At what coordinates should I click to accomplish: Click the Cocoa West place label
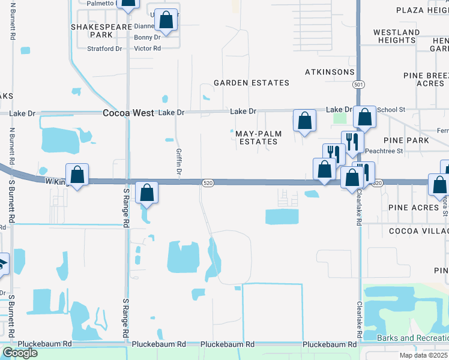point(129,113)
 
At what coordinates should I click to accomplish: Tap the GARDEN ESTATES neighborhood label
point(252,83)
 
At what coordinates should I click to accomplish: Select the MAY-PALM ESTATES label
point(256,137)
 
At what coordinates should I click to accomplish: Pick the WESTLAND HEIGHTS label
point(396,36)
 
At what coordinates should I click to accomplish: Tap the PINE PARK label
point(408,140)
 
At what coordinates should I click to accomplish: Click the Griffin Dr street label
point(178,162)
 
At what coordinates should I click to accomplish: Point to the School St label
point(391,110)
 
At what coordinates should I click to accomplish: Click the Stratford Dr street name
point(104,49)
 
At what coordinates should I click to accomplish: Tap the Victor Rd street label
point(148,49)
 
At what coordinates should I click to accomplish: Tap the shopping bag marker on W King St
point(77,175)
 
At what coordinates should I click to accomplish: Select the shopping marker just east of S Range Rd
point(146,193)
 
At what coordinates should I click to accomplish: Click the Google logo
point(19,353)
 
